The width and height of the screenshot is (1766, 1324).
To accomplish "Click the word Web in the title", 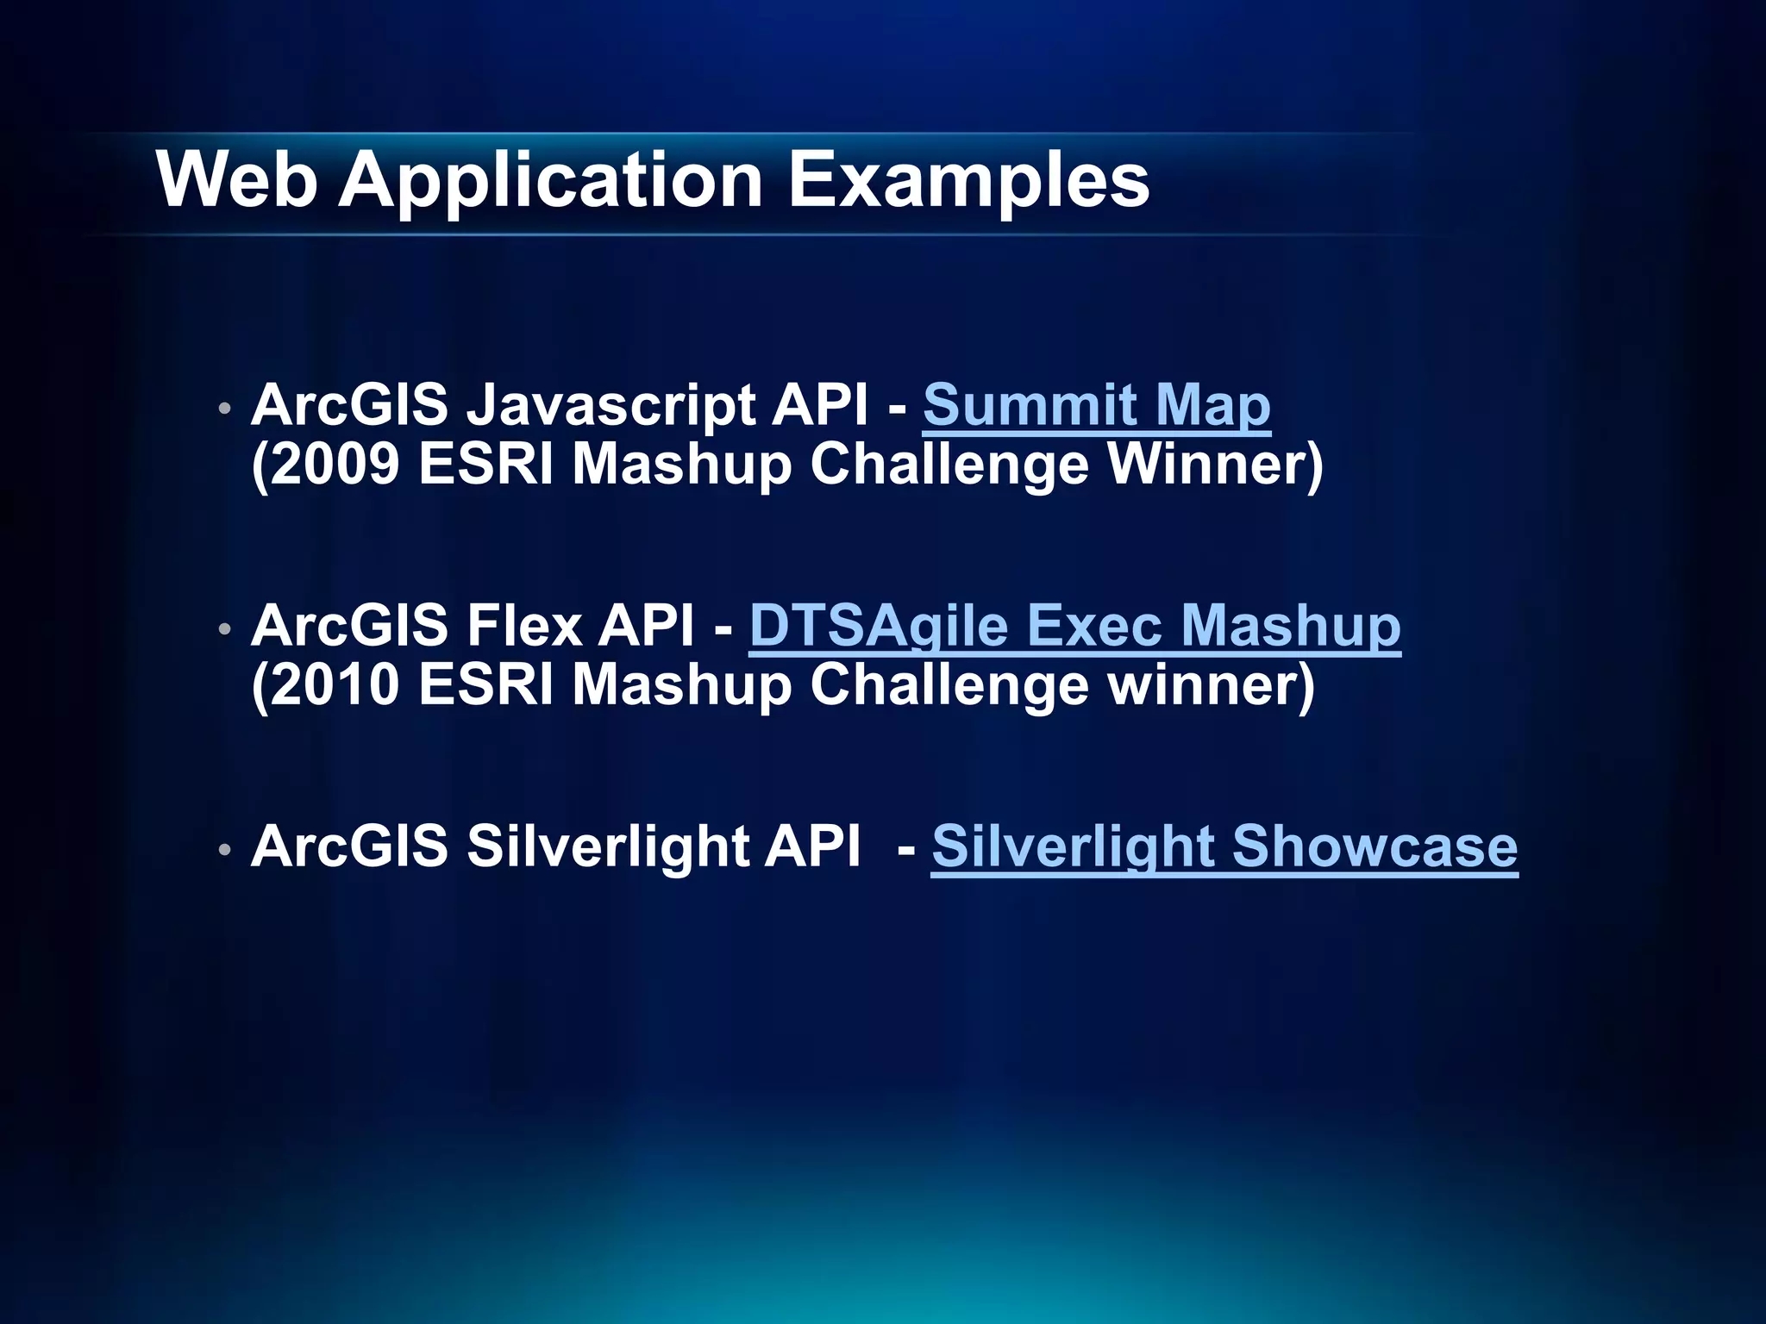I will [237, 180].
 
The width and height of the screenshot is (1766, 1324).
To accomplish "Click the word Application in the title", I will [551, 182].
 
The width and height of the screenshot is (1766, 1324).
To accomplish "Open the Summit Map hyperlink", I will [1096, 404].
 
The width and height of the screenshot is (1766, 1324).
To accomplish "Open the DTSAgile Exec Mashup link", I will [1074, 625].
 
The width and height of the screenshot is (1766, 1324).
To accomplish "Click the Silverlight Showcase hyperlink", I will [1224, 846].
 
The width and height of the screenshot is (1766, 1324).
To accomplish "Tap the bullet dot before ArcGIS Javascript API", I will [224, 408].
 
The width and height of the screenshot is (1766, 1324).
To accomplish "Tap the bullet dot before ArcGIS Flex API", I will [224, 629].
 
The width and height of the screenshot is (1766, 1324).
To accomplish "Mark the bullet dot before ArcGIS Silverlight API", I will [224, 850].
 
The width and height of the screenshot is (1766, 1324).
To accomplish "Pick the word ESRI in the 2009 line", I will [485, 465].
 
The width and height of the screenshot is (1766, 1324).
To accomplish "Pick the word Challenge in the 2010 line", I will [949, 685].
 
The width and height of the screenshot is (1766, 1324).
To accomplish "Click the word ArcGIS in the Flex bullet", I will [349, 625].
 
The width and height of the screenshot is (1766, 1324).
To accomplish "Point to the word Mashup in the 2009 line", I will [681, 465].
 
